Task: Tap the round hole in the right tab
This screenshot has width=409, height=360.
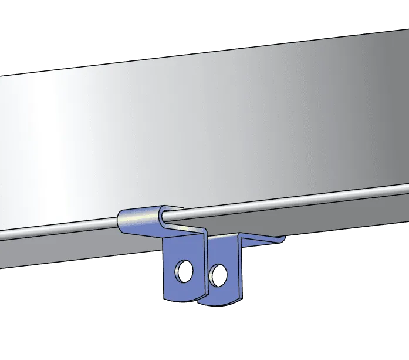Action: pyautogui.click(x=219, y=272)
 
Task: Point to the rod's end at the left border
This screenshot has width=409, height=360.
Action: pyautogui.click(x=2, y=235)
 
